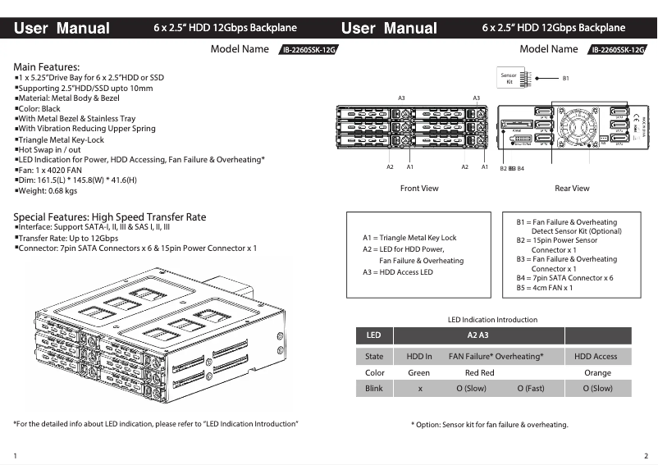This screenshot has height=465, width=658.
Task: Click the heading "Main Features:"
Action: click(x=47, y=66)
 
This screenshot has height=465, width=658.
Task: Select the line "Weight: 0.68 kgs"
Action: click(x=48, y=191)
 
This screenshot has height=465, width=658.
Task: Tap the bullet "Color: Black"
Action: click(x=39, y=108)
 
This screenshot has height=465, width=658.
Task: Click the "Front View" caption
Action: click(x=419, y=189)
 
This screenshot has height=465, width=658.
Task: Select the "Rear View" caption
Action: click(x=572, y=189)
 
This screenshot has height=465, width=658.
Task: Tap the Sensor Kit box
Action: click(x=509, y=78)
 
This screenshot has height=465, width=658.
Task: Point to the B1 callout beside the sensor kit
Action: click(x=565, y=79)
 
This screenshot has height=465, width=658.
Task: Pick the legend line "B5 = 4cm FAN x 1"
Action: click(x=544, y=288)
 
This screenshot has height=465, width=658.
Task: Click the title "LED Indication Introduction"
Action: click(x=492, y=320)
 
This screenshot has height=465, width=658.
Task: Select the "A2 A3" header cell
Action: click(x=478, y=335)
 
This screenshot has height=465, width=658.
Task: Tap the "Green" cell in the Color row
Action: click(x=418, y=372)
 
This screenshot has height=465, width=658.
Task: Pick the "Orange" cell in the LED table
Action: click(x=597, y=372)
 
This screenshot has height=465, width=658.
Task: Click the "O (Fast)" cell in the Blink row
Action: click(x=530, y=389)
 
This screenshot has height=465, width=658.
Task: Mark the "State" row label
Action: click(x=374, y=357)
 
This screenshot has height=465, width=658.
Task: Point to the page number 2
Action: click(x=646, y=454)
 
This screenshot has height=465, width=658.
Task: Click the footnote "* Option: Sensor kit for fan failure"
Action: click(x=489, y=425)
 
